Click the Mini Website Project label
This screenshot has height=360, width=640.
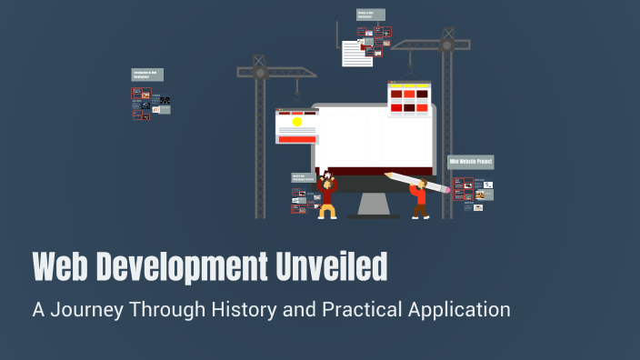[471, 162]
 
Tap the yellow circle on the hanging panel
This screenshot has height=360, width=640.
[296, 122]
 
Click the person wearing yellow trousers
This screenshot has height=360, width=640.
[327, 198]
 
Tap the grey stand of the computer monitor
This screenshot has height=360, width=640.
[372, 203]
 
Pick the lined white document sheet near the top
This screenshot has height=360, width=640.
[356, 54]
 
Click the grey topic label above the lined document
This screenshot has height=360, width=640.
[371, 15]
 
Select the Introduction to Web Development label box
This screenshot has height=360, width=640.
[148, 75]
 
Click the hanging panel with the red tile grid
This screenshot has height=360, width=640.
[409, 100]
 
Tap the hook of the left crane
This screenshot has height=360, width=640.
[296, 96]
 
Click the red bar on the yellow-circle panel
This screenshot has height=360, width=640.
[296, 138]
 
